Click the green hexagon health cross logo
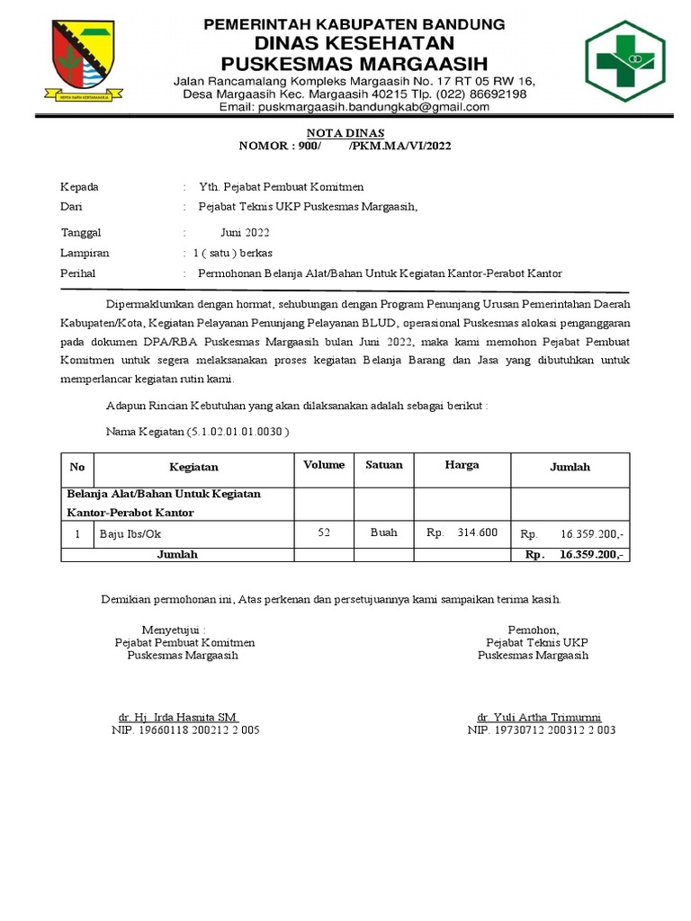(x=624, y=61)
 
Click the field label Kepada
(x=79, y=187)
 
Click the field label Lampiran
(x=85, y=253)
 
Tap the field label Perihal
(x=78, y=273)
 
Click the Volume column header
(x=324, y=465)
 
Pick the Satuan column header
(x=384, y=465)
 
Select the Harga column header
(x=462, y=465)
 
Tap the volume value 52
(x=324, y=532)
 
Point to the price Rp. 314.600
(x=462, y=532)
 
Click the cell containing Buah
(x=384, y=532)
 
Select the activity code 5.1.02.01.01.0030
(x=237, y=432)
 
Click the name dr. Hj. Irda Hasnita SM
(x=178, y=717)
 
